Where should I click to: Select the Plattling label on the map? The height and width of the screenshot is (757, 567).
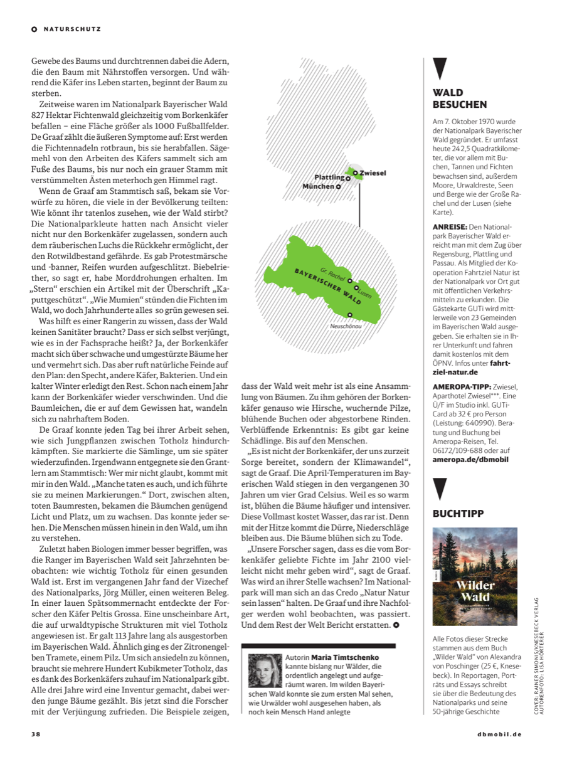[x=329, y=177]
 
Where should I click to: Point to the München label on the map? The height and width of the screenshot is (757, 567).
[x=319, y=186]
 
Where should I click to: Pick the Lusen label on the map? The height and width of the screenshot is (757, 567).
[x=365, y=292]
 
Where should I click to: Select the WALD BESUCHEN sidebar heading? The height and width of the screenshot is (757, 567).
[x=460, y=99]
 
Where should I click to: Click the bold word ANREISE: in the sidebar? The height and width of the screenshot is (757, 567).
[x=450, y=226]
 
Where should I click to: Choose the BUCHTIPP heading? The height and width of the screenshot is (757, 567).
[x=458, y=513]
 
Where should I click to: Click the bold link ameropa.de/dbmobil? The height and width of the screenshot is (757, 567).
[x=470, y=459]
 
